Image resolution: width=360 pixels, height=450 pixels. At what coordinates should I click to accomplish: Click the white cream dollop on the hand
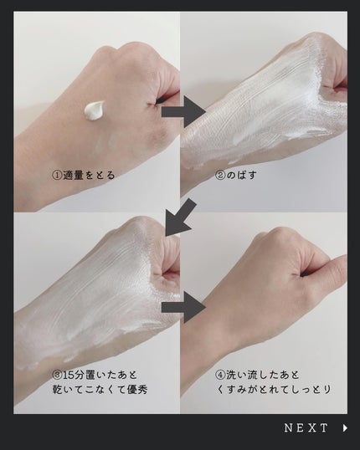tap(94, 110)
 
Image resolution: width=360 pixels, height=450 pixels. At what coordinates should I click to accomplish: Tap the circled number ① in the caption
tap(57, 175)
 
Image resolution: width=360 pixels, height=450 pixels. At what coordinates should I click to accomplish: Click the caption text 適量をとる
tap(89, 175)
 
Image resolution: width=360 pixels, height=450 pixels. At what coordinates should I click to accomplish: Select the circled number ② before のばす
tap(220, 175)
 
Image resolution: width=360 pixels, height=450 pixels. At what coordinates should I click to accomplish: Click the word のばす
tap(241, 175)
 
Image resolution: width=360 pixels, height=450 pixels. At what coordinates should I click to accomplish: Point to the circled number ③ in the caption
tap(57, 375)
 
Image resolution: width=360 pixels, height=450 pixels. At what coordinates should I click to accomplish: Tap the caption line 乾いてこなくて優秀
tap(100, 390)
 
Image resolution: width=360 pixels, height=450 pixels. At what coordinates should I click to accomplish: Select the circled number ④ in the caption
tap(220, 375)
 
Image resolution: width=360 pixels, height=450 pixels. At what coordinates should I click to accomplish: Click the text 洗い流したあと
tap(263, 375)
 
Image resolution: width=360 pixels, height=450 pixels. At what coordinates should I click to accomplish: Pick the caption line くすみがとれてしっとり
tap(274, 390)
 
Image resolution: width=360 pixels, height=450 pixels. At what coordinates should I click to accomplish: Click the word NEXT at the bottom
tap(306, 428)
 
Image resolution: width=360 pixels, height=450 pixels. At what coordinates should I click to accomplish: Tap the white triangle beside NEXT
tap(345, 428)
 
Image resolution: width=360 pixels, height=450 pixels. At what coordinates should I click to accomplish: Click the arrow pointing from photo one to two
tap(183, 111)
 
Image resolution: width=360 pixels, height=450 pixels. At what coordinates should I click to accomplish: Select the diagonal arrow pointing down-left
tap(181, 217)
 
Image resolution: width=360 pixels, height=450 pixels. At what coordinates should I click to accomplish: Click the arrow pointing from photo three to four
tap(183, 307)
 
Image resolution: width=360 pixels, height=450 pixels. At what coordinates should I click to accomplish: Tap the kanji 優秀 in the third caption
tap(137, 390)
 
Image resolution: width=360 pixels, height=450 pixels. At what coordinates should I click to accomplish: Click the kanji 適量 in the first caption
tap(74, 175)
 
